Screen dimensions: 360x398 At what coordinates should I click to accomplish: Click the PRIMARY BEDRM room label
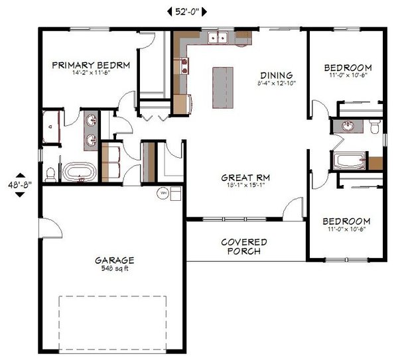pos(90,65)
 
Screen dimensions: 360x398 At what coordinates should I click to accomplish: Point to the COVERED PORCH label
pos(244,247)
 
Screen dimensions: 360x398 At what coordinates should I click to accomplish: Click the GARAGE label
pos(114,261)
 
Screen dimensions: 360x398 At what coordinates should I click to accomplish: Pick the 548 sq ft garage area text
pos(114,269)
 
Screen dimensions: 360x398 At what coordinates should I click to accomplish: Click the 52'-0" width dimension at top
pos(185,11)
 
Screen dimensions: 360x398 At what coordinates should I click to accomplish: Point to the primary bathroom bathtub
pos(80,173)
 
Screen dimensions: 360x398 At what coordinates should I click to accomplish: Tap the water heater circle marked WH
pos(163,193)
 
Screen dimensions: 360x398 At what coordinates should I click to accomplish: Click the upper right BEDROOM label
pos(348,68)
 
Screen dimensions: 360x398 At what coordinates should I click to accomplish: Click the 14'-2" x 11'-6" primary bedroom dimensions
pos(90,74)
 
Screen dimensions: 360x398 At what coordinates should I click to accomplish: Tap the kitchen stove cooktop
pos(182,65)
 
